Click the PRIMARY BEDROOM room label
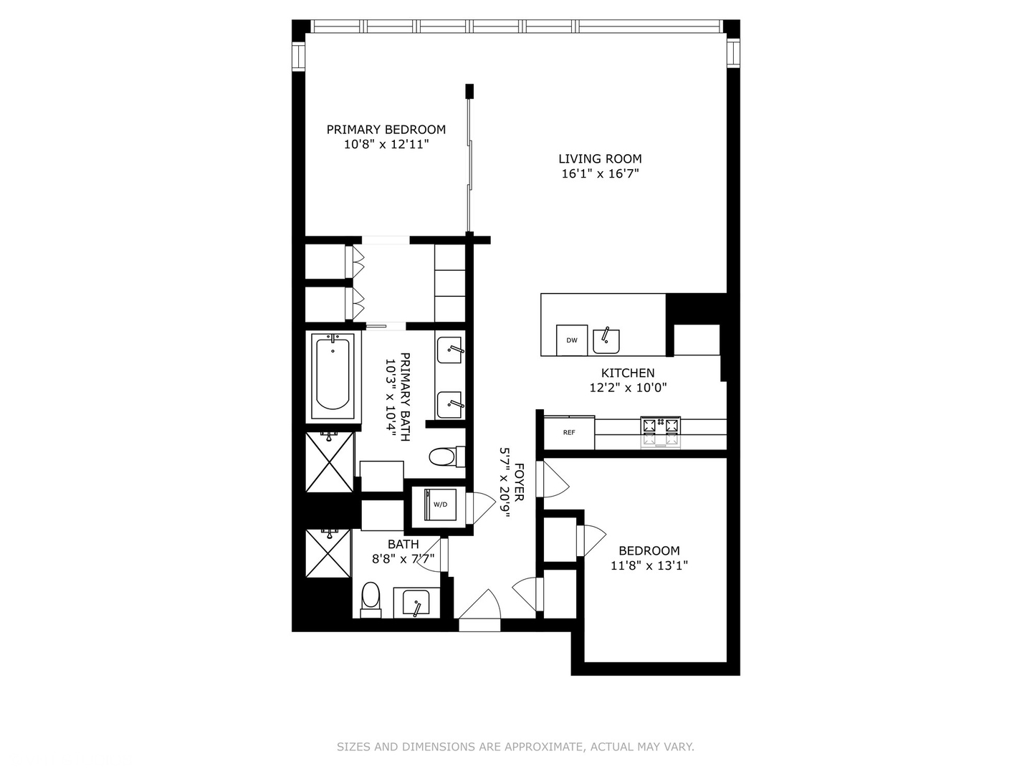pos(386,130)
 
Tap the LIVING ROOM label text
pos(600,159)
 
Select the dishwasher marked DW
pos(572,340)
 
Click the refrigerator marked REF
pos(569,433)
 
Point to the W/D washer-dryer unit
pos(440,505)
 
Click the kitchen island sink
pos(606,340)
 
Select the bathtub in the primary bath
pos(333,375)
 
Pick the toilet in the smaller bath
pos(371,598)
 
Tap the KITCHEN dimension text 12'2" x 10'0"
pos(628,388)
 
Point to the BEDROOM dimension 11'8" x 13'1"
pos(649,565)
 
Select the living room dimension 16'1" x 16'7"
pos(600,173)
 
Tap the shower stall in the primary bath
pos(330,462)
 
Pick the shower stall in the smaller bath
pos(329,553)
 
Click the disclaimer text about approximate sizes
pos(515,747)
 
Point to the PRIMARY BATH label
pos(405,396)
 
